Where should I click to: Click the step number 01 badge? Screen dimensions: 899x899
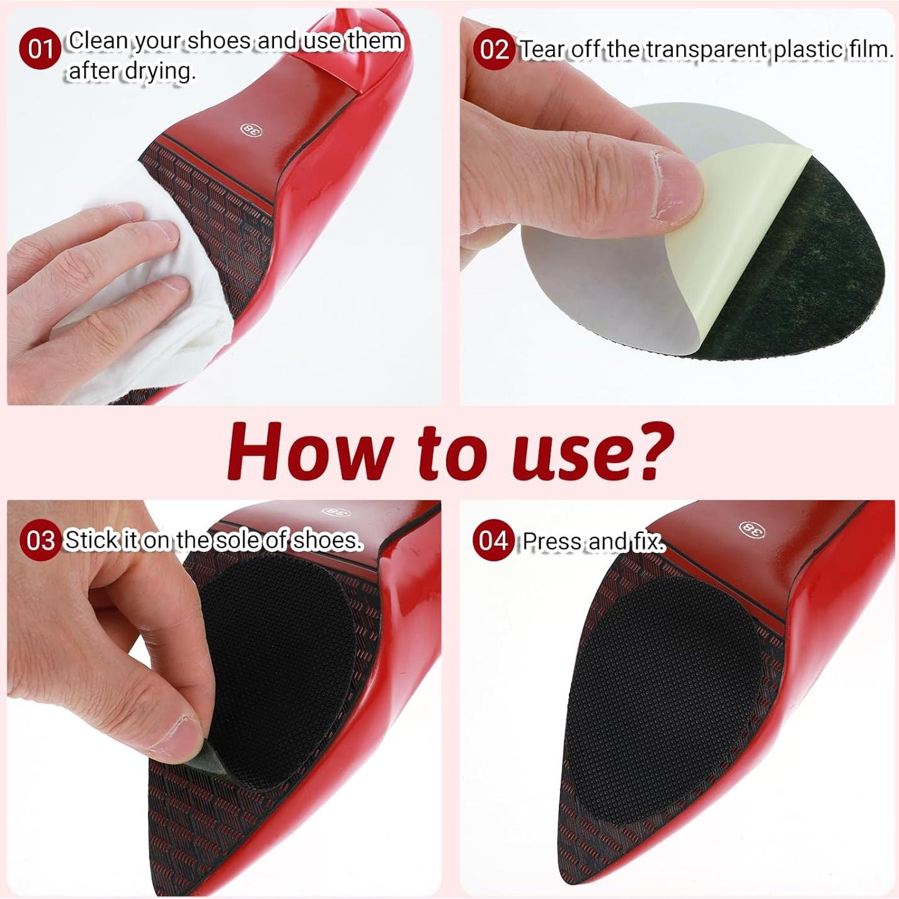click(40, 49)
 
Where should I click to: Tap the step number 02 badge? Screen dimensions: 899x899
click(493, 49)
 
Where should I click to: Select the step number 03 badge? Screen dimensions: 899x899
click(40, 540)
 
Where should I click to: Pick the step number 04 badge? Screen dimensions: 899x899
click(493, 541)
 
